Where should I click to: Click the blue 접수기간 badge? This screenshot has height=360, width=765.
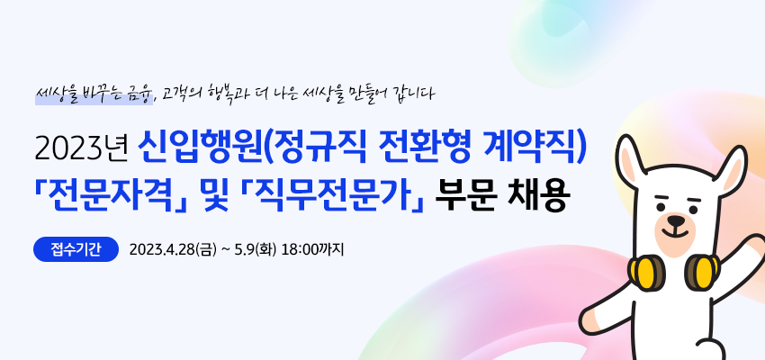[x=76, y=249]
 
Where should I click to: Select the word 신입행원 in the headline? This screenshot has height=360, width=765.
[x=200, y=148]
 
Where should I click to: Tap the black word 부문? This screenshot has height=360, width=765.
[x=466, y=195]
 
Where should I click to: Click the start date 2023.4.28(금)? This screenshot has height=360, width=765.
[x=172, y=250]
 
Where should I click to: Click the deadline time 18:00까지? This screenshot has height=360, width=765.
[x=313, y=250]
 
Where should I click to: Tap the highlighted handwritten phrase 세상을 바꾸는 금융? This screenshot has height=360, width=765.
[x=94, y=94]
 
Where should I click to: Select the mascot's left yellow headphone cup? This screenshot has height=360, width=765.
[x=644, y=272]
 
